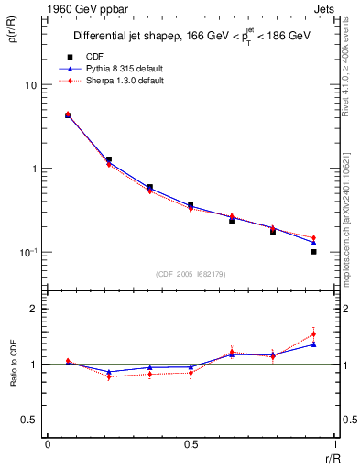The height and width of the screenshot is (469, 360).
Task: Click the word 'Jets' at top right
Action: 326,9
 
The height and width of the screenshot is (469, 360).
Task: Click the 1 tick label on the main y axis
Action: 33,169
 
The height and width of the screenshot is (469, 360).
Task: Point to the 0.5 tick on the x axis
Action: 190,444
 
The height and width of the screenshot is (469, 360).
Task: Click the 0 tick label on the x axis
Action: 48,444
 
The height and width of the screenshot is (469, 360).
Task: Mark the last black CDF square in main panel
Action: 313,251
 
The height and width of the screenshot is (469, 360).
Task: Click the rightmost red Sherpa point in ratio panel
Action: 313,334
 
